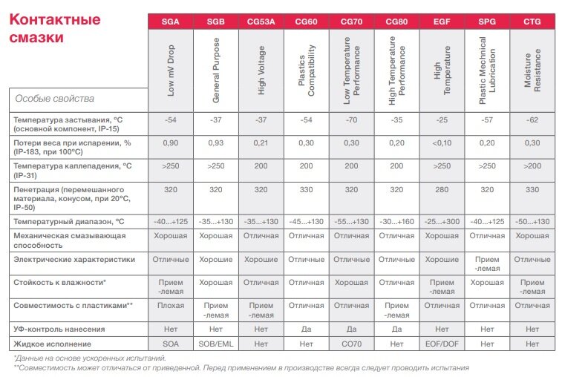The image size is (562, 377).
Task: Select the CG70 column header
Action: tap(351, 21)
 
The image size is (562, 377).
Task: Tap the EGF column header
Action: tap(442, 21)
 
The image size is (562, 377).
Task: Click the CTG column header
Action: tap(532, 21)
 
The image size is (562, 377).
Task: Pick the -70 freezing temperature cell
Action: tap(351, 120)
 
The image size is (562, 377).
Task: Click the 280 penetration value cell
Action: tap(442, 189)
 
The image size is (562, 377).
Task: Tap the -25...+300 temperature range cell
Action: tap(442, 220)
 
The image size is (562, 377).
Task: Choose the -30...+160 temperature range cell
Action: tap(396, 220)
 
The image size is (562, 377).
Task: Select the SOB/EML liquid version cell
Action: tap(216, 344)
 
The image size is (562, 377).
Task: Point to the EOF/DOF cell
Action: tap(442, 344)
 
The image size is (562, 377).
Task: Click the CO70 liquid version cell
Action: tap(351, 344)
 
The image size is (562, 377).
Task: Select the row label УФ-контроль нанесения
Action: tap(59, 329)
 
